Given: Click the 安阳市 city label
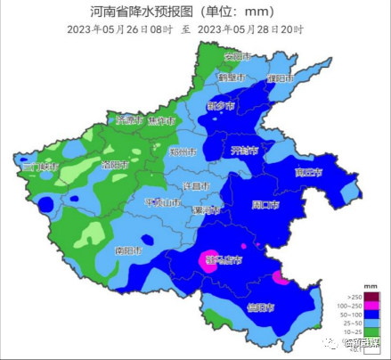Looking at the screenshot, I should pos(235,57).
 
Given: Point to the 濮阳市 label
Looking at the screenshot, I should pos(281,78).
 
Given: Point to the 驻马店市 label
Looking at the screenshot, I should pos(221,260).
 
